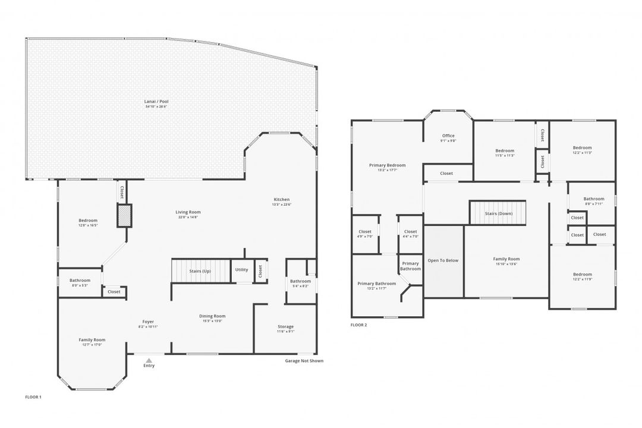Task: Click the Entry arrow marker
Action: [x=149, y=360]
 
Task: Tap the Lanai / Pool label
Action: [x=156, y=102]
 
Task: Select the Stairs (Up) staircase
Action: [x=200, y=271]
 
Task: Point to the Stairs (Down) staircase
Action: [x=498, y=213]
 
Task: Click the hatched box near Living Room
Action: [x=124, y=215]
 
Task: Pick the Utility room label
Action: [x=241, y=269]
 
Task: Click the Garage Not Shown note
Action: [x=304, y=361]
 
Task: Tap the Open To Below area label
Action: [x=443, y=260]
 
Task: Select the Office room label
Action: [x=448, y=136]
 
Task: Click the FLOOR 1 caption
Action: [x=33, y=396]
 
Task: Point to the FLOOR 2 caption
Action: [x=358, y=325]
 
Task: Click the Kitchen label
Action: [x=281, y=199]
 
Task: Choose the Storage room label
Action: [x=285, y=326]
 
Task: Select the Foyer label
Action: [x=147, y=322]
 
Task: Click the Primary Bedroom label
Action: [x=387, y=165]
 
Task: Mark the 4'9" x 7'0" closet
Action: [x=365, y=234]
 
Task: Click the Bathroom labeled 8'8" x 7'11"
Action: [x=593, y=201]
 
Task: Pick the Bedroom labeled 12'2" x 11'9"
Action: [x=582, y=276]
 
